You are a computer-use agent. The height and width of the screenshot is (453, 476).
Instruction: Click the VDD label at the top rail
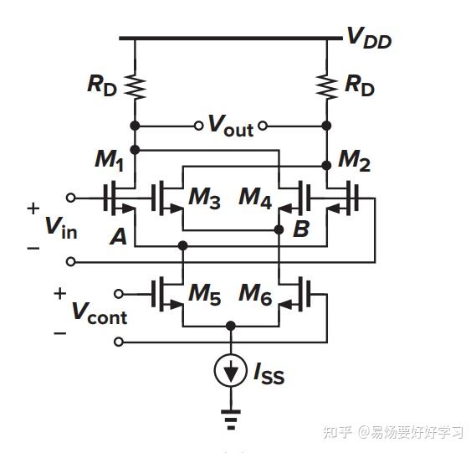click(x=369, y=39)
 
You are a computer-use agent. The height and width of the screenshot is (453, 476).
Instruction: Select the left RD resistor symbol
click(x=134, y=85)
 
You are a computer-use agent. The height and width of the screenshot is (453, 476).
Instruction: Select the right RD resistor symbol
click(x=325, y=85)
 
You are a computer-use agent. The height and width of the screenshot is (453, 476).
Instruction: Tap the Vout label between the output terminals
click(x=230, y=126)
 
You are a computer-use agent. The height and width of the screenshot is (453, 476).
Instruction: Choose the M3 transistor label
click(x=204, y=198)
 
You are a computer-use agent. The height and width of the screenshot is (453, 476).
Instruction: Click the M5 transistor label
click(x=204, y=294)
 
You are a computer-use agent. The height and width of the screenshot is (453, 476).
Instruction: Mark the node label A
click(x=119, y=237)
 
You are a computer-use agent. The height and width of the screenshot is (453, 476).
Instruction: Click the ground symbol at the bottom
click(x=230, y=416)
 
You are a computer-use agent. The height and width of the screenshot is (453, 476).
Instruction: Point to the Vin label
click(x=60, y=227)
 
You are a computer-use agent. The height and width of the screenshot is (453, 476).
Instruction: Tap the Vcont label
click(x=98, y=314)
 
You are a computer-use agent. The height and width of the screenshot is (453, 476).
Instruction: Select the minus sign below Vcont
click(x=59, y=333)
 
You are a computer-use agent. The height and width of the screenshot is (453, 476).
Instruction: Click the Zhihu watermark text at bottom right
click(x=392, y=432)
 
